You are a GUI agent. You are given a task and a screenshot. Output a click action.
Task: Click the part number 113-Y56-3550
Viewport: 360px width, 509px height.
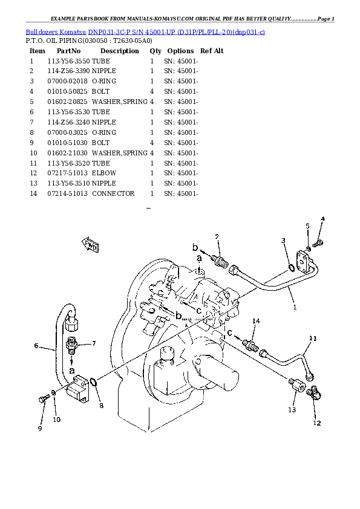pos(68,61)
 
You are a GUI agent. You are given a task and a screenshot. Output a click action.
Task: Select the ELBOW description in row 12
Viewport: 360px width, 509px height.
pos(104,173)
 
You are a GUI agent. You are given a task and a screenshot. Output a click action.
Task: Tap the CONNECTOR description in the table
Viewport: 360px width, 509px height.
pos(113,193)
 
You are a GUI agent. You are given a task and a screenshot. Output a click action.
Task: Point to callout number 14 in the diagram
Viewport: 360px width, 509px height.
pos(256,320)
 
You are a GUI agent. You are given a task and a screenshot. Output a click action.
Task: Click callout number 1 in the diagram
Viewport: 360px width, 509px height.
pos(295,306)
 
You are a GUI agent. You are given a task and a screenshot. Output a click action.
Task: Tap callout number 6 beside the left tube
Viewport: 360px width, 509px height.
pos(36,346)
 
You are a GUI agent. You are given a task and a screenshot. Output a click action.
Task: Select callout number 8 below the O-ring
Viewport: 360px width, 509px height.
pos(101,405)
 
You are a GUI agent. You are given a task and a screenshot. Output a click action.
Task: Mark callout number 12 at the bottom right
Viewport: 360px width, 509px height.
pos(316,423)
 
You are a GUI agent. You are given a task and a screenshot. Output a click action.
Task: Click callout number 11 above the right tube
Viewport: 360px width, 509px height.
pos(313,338)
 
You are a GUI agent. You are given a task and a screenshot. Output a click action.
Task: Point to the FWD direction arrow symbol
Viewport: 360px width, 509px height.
pos(90,245)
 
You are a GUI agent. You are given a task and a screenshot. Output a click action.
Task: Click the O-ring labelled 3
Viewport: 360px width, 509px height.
pos(292,267)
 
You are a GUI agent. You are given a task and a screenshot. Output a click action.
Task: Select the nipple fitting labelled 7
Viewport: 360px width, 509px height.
pos(71,345)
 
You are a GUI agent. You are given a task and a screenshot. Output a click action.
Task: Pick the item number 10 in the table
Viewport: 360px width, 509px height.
pos(33,153)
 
